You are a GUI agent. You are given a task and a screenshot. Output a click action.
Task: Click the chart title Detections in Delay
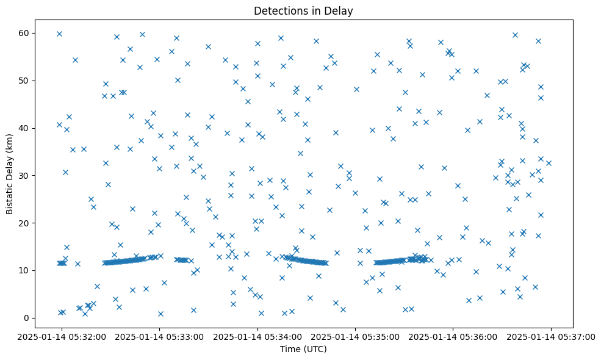tap(303, 11)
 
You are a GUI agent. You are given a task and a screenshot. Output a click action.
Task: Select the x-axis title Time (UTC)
tap(303, 349)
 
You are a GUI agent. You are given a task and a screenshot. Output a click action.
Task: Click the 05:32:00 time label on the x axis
tap(62, 336)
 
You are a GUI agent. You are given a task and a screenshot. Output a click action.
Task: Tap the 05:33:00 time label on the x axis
tap(160, 336)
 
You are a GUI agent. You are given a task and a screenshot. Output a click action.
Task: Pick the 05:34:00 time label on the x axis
tap(257, 336)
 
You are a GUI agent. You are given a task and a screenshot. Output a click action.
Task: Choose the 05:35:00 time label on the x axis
tap(355, 336)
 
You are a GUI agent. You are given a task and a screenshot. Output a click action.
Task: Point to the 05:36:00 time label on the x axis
tap(453, 336)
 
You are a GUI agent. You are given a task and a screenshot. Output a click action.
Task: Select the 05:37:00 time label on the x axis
tap(550, 336)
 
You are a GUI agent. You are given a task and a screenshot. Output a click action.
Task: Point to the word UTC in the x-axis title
tap(315, 349)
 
